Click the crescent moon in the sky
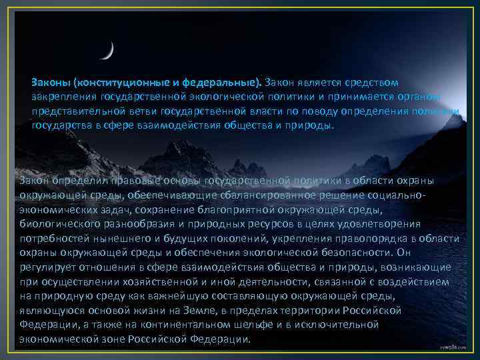point(109,51)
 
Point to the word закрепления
point(61,97)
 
